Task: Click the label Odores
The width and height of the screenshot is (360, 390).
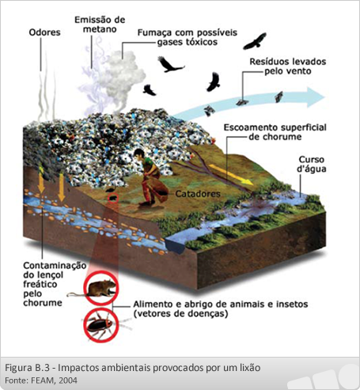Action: [44, 32]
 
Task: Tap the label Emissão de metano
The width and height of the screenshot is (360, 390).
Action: [100, 25]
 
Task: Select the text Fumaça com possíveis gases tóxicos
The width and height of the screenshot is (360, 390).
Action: [188, 37]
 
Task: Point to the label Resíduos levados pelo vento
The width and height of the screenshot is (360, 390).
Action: [288, 66]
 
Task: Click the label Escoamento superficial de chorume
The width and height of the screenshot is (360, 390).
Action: [275, 132]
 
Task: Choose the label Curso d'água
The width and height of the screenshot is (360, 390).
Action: [312, 164]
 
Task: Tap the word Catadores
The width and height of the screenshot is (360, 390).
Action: [198, 194]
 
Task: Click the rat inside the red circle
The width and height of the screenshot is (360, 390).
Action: [100, 288]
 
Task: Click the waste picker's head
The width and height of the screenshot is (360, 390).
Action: [138, 153]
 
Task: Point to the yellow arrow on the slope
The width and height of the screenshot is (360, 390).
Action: [231, 174]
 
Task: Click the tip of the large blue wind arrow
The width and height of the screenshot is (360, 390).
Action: [324, 97]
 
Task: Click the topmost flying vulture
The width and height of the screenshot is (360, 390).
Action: [255, 41]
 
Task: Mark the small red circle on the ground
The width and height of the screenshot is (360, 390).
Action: [113, 198]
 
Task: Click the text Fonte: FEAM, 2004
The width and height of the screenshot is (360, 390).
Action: [41, 381]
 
